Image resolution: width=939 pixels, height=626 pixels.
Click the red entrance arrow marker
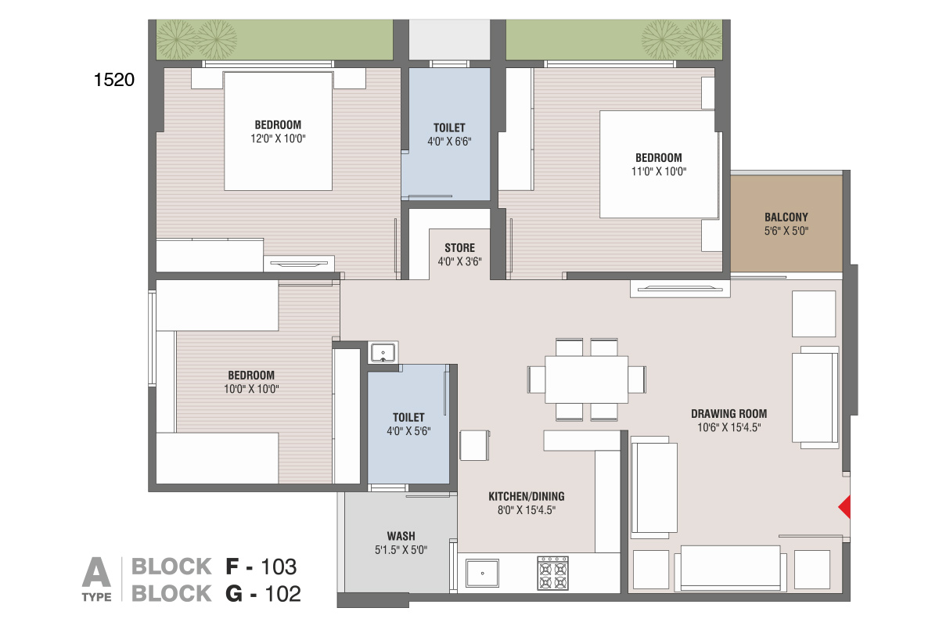844,507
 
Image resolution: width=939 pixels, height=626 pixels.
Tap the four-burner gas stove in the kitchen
553,573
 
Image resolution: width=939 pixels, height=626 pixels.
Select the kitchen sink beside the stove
483,573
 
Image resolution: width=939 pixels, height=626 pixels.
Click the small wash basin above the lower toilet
383,352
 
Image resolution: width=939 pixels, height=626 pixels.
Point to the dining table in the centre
586,380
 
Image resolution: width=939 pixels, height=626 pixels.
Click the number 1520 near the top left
114,80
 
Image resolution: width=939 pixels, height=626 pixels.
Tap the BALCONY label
786,218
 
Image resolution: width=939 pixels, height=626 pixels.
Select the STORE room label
460,248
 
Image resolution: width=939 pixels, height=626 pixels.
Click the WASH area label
401,536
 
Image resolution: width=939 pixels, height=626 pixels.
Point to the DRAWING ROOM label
729,414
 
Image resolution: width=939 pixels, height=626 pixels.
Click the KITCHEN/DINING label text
527,496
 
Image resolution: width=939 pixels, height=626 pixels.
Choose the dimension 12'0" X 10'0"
278,139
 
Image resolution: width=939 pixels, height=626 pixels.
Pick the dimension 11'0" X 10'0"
659,171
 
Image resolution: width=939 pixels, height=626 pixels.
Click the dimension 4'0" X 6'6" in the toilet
449,142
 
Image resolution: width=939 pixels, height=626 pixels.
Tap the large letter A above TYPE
96,572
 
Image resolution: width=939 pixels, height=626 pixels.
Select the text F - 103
261,567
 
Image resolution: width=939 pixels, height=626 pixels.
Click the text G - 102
263,594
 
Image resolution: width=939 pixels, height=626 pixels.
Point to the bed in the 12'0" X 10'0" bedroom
279,131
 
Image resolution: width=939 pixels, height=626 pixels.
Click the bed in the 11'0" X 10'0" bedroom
659,164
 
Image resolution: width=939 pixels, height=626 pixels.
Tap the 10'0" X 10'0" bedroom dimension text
251,389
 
